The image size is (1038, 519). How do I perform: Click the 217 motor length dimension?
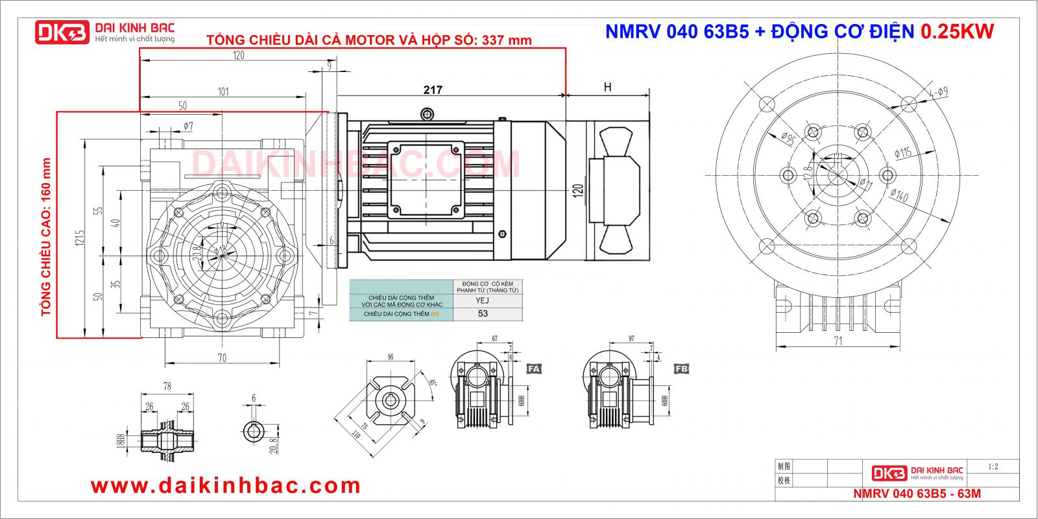433,90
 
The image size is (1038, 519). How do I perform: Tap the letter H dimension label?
607,88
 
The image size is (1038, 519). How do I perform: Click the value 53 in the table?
483,313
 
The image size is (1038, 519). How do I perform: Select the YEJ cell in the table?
482,300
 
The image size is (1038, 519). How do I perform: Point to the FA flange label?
533,368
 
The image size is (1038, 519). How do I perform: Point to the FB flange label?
681,368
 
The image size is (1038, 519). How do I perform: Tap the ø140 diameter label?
899,194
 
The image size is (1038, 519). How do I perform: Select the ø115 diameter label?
903,152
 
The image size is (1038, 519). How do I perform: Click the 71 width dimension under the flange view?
838,341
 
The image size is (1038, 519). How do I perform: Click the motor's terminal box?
425,178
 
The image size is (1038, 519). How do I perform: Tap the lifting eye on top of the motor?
427,115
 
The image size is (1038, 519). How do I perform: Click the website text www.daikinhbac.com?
225,485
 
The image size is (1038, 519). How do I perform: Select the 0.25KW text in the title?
957,31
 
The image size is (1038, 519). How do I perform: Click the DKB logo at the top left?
62,32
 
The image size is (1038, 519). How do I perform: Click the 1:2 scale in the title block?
993,466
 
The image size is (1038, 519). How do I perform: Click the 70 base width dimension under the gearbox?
222,357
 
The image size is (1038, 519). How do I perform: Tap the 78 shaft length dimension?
167,386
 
